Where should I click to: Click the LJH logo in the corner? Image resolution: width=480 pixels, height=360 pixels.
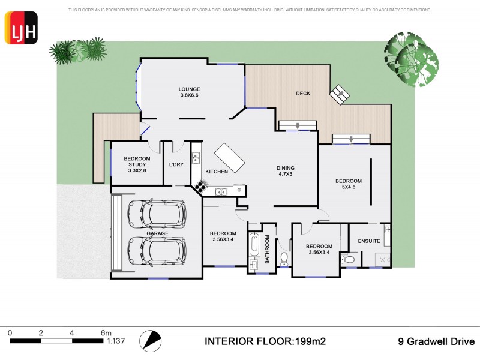pyautogui.click(x=22, y=28)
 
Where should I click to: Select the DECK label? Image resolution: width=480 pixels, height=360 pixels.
pyautogui.click(x=303, y=94)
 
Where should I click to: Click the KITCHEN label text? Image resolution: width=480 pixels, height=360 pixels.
pyautogui.click(x=217, y=172)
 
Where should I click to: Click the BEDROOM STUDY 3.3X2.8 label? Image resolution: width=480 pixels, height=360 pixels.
pyautogui.click(x=137, y=164)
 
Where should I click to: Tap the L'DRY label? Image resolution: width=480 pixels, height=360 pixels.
pyautogui.click(x=176, y=164)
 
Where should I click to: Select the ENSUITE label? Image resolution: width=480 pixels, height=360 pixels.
pyautogui.click(x=369, y=241)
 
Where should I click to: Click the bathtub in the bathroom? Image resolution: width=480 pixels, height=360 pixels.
pyautogui.click(x=254, y=245)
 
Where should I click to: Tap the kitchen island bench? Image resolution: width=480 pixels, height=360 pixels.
pyautogui.click(x=229, y=157)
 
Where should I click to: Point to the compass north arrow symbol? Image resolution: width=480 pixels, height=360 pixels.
pyautogui.click(x=151, y=341)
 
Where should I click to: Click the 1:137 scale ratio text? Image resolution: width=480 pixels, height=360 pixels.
pyautogui.click(x=116, y=341)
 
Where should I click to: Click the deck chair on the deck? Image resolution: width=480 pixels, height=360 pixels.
pyautogui.click(x=341, y=94)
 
